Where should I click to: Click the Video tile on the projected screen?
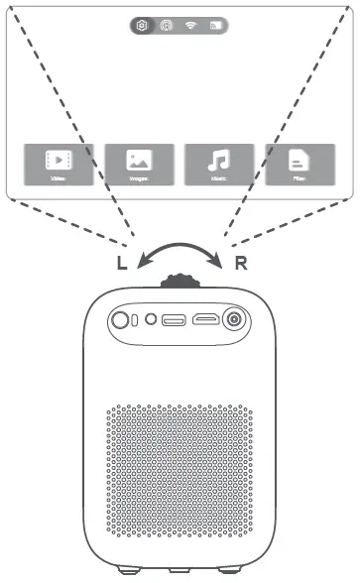coord(60,165)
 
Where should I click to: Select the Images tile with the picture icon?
coord(140,165)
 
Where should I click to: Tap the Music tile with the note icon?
coord(219,165)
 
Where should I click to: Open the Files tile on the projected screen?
coord(300,165)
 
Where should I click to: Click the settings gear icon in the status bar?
coord(144,26)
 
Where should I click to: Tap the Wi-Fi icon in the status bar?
coord(191,26)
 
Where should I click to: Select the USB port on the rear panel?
coord(174,320)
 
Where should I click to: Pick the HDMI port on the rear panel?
coord(205,320)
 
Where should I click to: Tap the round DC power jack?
coord(236,319)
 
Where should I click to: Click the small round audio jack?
coord(150,320)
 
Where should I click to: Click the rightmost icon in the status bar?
coord(215,26)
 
